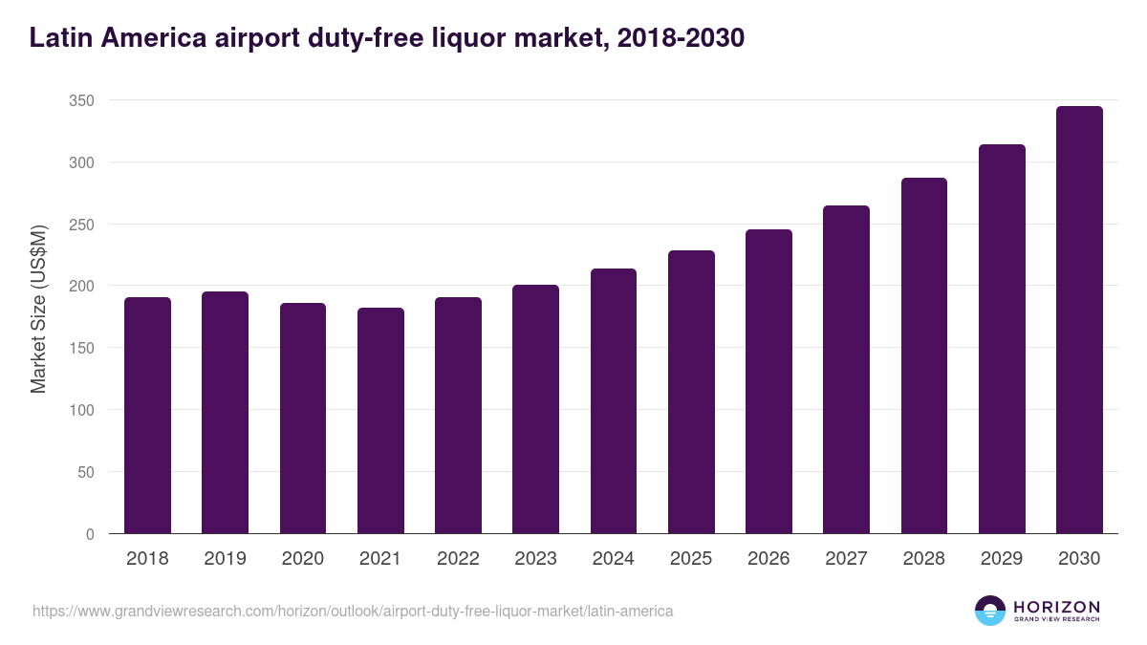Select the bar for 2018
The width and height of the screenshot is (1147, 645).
pos(147,416)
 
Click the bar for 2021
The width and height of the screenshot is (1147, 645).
pos(380,420)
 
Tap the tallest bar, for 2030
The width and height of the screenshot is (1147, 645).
pos(1079,320)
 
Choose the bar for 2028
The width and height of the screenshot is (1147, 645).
pos(924,355)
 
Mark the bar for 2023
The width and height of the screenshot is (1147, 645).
pos(535,409)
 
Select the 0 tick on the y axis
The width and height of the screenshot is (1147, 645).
pos(90,534)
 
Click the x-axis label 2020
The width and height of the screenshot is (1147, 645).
pos(302,559)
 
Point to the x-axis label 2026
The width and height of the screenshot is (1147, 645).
pos(768,559)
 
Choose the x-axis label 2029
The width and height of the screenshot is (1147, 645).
pos(1002,559)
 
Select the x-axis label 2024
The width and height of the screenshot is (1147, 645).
pos(613,559)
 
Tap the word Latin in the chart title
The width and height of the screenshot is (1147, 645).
pos(60,38)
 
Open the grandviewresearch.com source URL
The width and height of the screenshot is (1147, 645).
pos(353,611)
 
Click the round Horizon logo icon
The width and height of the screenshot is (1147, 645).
pos(990,611)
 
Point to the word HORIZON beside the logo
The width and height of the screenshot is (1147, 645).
pos(1056,607)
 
